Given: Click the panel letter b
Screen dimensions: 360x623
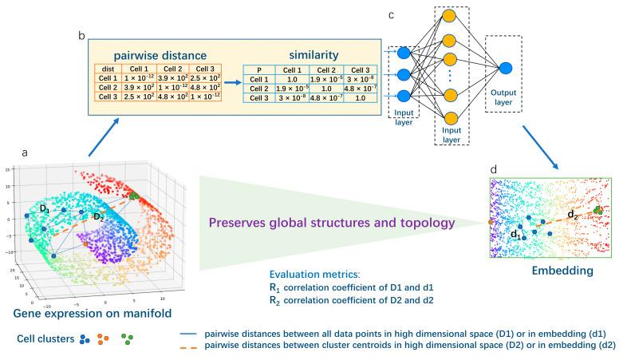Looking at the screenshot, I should (81, 35).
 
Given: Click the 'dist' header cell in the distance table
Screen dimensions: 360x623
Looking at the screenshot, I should (107, 69).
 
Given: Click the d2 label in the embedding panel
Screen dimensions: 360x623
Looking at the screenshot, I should (572, 214).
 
